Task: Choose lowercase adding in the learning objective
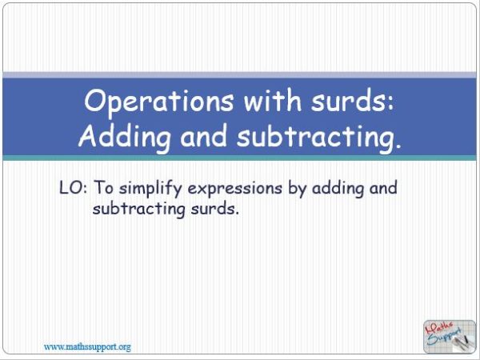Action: [x=332, y=189]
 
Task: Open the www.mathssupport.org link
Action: [x=87, y=346]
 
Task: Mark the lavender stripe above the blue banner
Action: [x=240, y=74]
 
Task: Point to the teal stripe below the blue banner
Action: [x=240, y=158]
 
